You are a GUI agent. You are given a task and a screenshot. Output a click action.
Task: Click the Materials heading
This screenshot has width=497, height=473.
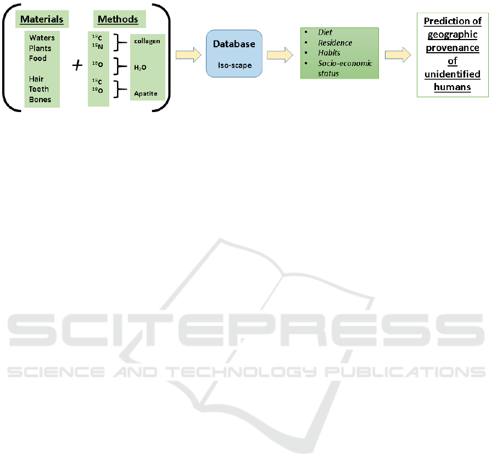click(x=42, y=20)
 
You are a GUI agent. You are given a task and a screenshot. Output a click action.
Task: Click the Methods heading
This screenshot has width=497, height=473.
click(x=118, y=20)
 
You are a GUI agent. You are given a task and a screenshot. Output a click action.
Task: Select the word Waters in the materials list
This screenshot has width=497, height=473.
click(x=42, y=38)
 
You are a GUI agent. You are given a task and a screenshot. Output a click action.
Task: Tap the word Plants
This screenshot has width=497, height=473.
click(x=40, y=48)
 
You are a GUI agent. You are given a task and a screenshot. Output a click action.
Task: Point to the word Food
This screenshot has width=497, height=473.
click(x=38, y=58)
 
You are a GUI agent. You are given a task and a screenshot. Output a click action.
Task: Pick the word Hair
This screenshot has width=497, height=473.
click(x=36, y=79)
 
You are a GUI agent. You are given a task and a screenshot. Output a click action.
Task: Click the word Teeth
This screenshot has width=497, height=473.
click(x=39, y=89)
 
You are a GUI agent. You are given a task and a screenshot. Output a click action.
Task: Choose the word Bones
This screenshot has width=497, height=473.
click(x=40, y=99)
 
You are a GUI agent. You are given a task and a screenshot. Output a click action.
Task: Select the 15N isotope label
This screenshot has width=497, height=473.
click(x=97, y=46)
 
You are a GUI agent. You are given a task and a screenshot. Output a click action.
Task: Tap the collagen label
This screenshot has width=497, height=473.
click(x=146, y=41)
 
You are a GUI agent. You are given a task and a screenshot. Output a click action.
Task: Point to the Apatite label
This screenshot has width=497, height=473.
click(x=146, y=93)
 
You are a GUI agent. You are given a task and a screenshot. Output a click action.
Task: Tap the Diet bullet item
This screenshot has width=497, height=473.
click(x=325, y=32)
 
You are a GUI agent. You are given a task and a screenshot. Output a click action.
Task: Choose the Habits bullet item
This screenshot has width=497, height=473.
click(x=330, y=53)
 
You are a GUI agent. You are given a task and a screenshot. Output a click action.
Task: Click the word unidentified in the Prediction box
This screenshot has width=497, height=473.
click(x=453, y=74)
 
